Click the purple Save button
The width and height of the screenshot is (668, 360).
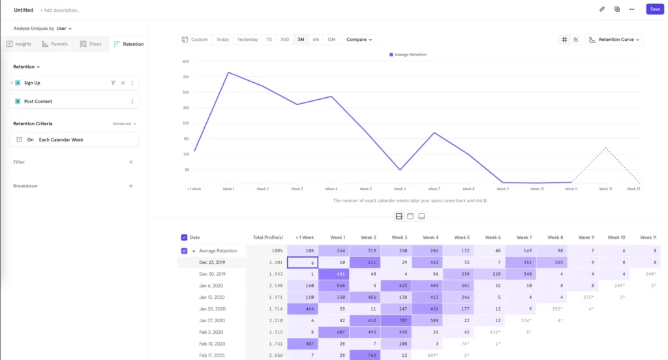click(x=654, y=9)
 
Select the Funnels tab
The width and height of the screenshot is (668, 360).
click(x=55, y=44)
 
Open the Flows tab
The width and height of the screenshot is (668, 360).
click(x=91, y=44)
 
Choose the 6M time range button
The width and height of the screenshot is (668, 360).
click(x=316, y=40)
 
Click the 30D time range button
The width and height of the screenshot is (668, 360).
click(x=284, y=40)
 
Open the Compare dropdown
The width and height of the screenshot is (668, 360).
click(x=359, y=40)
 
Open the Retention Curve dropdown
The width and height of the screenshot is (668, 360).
click(x=615, y=40)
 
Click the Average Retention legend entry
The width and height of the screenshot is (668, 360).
click(x=408, y=55)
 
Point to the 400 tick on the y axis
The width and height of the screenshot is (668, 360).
click(x=186, y=61)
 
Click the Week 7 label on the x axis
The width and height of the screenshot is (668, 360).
click(x=434, y=189)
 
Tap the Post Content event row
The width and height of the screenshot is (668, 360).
click(x=75, y=102)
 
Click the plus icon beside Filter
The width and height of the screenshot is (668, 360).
click(x=131, y=162)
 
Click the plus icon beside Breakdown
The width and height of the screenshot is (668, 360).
click(x=131, y=186)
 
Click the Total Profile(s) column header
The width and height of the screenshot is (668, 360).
click(x=268, y=237)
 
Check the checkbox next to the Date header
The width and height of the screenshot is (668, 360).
click(x=184, y=237)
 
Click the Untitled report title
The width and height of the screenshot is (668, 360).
click(x=23, y=10)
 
